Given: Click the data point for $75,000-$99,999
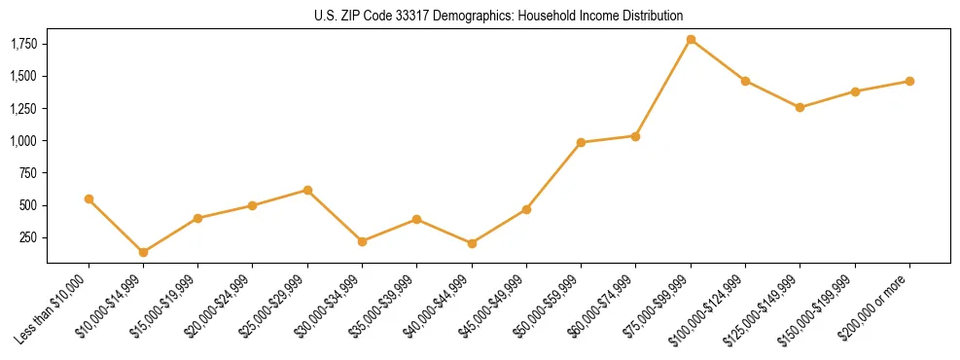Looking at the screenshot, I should (691, 39).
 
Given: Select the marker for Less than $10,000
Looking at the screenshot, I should (89, 198).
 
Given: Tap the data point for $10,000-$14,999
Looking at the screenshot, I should (143, 252).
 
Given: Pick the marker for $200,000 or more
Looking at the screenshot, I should (909, 81).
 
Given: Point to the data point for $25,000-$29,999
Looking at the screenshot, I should (307, 190).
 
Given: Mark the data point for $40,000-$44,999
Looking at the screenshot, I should (472, 243).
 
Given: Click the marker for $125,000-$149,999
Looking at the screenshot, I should (800, 107).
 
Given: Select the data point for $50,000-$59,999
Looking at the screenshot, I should (581, 142).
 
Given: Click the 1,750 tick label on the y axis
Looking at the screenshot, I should (23, 44).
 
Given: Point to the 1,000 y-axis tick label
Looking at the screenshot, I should (23, 141).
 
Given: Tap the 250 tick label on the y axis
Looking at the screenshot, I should (28, 237).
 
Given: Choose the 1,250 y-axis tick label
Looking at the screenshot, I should (23, 109).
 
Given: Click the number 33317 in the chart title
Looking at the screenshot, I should (433, 16).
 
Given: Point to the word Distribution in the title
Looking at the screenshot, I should (653, 16).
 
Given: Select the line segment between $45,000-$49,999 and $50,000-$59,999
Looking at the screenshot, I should (553, 176).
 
